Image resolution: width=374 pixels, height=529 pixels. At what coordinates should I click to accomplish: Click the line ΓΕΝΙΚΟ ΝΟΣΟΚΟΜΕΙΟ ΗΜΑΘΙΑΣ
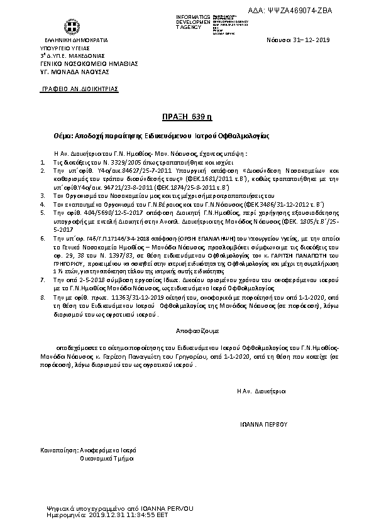click(89, 63)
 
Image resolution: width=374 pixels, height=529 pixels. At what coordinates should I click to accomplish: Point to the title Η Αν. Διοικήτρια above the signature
click(261, 391)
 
